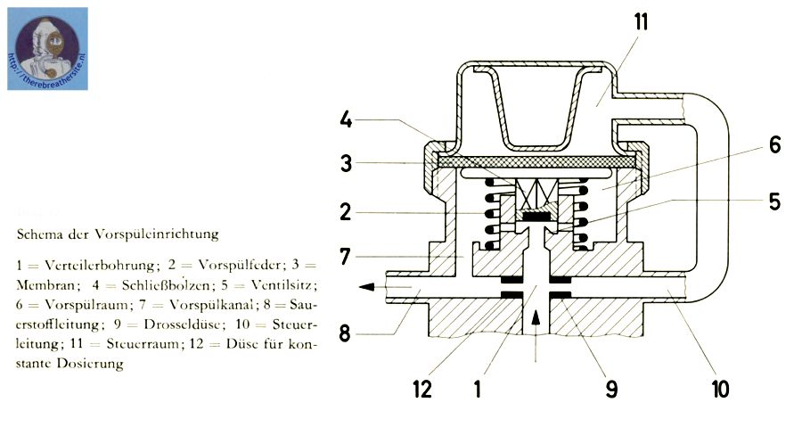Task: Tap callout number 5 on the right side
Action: point(773,201)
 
